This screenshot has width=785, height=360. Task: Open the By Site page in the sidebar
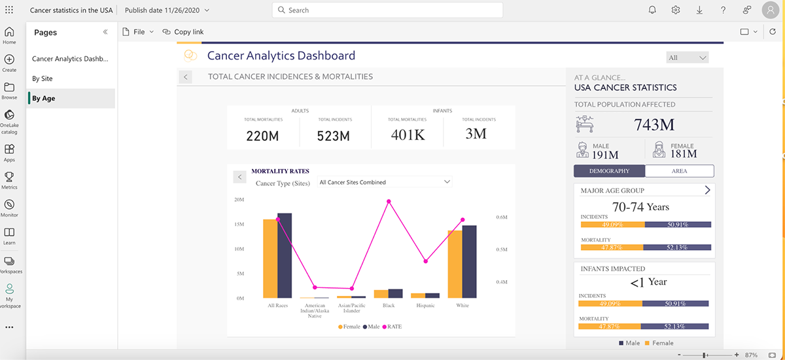43,79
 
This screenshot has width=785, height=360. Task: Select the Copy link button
183,31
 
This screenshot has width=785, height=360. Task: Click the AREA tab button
679,171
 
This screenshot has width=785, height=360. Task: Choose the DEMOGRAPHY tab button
609,171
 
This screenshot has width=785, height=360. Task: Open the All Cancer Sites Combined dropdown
384,182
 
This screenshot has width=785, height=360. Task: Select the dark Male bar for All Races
285,255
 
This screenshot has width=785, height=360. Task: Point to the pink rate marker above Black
389,202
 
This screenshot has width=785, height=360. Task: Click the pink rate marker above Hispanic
426,261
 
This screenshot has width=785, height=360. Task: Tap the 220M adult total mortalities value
262,136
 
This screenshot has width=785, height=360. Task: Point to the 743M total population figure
654,124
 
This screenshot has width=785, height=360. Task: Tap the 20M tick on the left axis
239,200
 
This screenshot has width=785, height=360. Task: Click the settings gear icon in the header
676,10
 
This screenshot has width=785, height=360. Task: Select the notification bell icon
652,10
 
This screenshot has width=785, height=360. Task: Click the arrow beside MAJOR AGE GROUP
706,190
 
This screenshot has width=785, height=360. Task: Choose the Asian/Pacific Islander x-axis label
352,308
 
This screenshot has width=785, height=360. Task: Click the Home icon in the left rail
9,35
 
